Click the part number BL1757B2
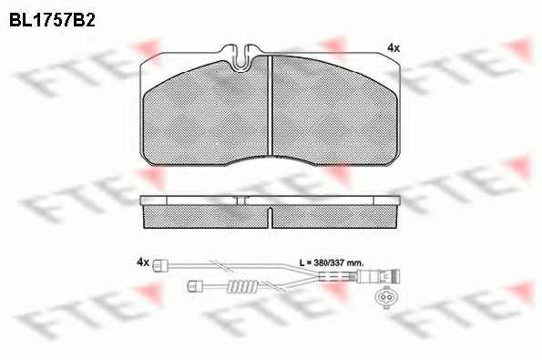[x=52, y=20]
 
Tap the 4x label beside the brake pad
[x=394, y=48]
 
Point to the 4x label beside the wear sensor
[x=143, y=262]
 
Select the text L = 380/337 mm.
[x=332, y=262]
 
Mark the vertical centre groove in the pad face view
[x=271, y=105]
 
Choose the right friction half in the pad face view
[x=334, y=109]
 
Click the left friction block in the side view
[x=206, y=217]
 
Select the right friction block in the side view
[x=334, y=217]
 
